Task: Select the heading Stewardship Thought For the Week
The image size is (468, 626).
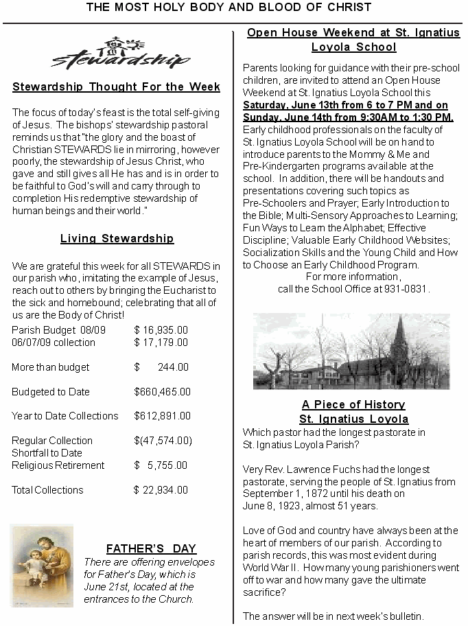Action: tap(116, 87)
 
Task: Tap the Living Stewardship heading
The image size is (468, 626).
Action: tap(117, 239)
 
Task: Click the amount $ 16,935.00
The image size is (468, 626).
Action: tap(161, 330)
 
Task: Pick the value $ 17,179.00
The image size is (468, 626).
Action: tap(161, 343)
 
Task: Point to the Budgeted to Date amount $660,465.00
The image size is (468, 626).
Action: tap(162, 392)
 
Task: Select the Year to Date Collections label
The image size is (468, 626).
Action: tap(65, 416)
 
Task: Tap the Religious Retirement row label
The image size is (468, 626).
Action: tap(58, 465)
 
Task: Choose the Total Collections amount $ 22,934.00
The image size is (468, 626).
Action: tap(161, 490)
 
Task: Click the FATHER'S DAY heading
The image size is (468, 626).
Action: tap(151, 549)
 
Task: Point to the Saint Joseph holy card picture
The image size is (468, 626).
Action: tap(42, 566)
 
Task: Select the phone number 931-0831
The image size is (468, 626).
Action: tap(410, 289)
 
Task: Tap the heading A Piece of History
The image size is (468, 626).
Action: tap(353, 405)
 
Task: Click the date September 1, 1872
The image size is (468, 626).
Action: tap(281, 494)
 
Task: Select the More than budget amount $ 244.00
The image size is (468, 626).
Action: tap(161, 367)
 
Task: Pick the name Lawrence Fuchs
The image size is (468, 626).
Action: tap(323, 470)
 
